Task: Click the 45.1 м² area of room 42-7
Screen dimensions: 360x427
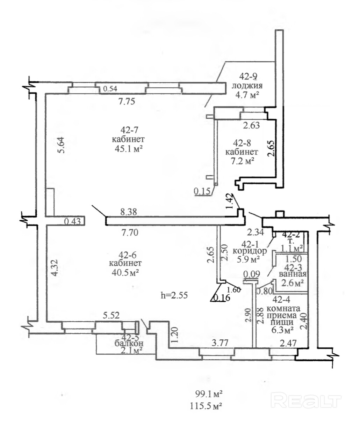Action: (129, 149)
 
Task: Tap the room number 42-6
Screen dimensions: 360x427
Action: (127, 255)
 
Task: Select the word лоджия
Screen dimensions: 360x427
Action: (247, 86)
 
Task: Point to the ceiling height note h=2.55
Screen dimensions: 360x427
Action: (174, 295)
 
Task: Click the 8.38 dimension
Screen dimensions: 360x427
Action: (129, 212)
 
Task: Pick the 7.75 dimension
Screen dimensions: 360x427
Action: (127, 101)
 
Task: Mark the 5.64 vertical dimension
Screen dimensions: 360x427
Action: (61, 145)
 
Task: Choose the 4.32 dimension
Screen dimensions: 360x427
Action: (55, 268)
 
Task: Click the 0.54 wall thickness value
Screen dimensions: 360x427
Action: (110, 89)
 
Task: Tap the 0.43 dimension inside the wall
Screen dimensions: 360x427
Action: (72, 221)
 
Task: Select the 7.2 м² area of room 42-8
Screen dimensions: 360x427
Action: (243, 161)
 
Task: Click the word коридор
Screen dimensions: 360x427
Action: (250, 251)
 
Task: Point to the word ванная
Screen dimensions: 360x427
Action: (293, 274)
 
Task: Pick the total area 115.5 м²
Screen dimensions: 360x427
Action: (206, 406)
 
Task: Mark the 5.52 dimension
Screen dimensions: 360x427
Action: (111, 315)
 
